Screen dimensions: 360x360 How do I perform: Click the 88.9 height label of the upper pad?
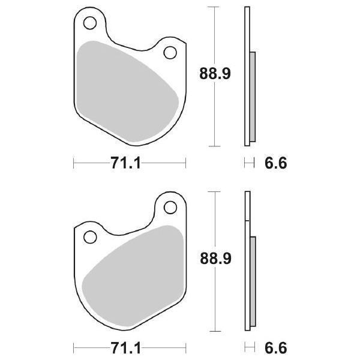pyautogui.click(x=215, y=74)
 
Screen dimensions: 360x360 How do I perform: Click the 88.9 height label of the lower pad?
pyautogui.click(x=215, y=258)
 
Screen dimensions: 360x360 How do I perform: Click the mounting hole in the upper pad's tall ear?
pyautogui.click(x=91, y=25)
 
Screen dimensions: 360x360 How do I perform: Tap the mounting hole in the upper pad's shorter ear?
pyautogui.click(x=170, y=53)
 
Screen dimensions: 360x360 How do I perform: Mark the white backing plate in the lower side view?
pyautogui.click(x=246, y=210)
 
